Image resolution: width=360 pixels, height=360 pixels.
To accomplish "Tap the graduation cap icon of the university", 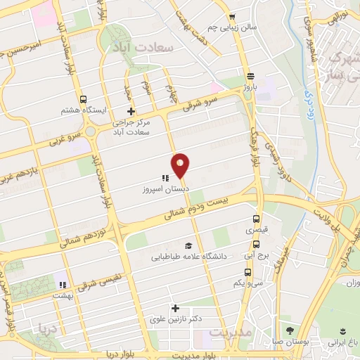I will pyautogui.click(x=188, y=245).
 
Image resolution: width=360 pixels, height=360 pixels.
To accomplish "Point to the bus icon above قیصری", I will pyautogui.click(x=256, y=219).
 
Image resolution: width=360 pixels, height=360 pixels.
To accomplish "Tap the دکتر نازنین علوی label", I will pyautogui.click(x=175, y=319).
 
